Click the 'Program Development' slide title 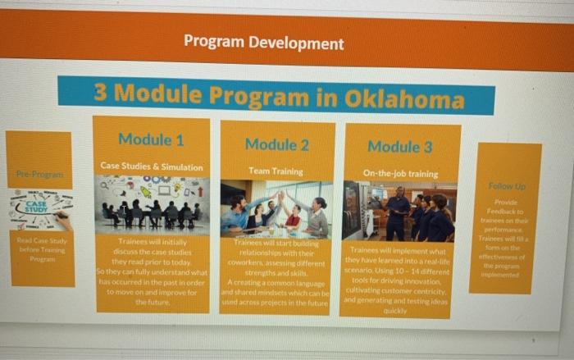point(263,43)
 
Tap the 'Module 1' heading point(151,139)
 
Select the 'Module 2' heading point(276,144)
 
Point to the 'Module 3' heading point(399,147)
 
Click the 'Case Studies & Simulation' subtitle point(152,166)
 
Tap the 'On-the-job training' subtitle point(400,174)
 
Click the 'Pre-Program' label point(39,175)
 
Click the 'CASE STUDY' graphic point(39,208)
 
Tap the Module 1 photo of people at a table point(152,204)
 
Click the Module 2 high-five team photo point(276,209)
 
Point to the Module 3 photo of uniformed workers point(400,211)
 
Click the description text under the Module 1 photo point(152,271)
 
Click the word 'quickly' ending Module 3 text point(394,312)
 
